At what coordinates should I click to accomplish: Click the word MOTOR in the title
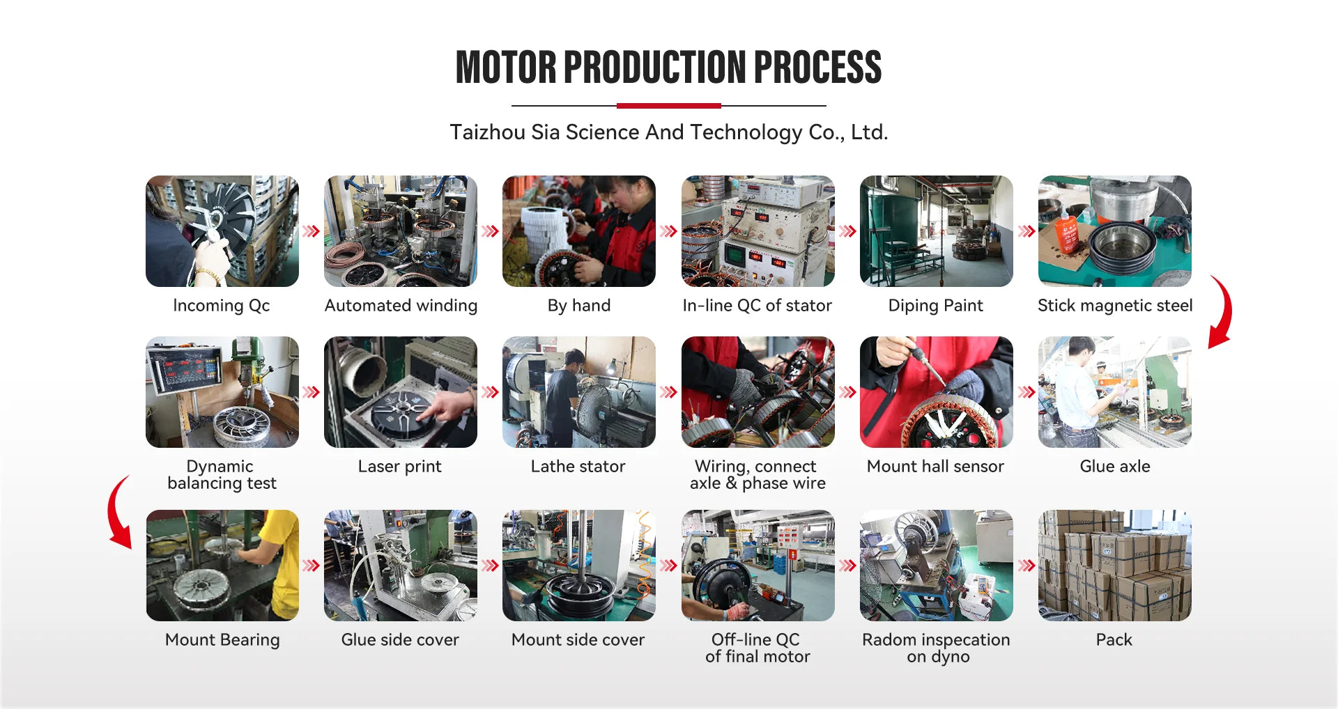506,68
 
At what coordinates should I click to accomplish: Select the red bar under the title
669,106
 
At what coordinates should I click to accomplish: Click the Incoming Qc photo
222,231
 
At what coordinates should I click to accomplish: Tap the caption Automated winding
401,306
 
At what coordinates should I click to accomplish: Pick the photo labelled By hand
579,231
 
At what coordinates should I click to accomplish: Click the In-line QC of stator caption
758,306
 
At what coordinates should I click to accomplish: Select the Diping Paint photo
937,231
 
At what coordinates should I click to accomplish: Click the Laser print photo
401,392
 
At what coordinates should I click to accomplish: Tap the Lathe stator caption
578,467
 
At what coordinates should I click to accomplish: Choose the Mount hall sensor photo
937,392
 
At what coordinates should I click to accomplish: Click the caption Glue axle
1115,467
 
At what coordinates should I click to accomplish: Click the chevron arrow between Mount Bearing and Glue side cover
311,566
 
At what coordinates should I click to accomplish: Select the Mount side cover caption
578,640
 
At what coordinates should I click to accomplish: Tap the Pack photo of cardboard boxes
1115,566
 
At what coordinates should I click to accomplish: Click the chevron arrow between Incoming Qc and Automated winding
311,231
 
